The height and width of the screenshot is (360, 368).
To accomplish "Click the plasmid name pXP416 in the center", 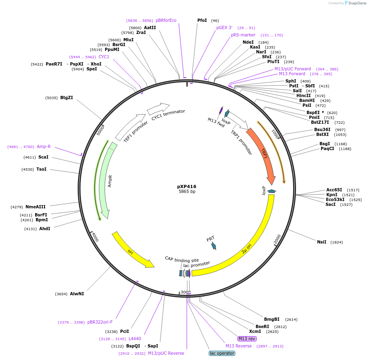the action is pos(186,186).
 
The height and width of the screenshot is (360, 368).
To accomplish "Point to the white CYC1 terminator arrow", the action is pos(158,108).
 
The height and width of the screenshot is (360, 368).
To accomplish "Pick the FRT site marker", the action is pos(213,245).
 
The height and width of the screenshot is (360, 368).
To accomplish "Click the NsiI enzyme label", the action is pos(321,242).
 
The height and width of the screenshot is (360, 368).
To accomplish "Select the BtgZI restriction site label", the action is pos(66,97).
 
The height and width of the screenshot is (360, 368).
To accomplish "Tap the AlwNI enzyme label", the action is pos(77,294).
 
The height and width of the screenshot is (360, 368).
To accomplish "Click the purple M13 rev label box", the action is pos(247,339).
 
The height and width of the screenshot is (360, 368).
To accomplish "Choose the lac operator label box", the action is pos(222,353).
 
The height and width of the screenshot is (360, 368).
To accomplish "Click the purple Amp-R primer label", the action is pos(44,146).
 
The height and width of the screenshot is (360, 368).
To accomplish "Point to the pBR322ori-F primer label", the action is pos(100,322).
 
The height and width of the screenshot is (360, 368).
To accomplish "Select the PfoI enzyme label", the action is pos(202,20).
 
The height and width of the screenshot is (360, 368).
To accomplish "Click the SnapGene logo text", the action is pos(357,3).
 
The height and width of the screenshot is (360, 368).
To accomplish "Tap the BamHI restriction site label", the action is pos(307,100).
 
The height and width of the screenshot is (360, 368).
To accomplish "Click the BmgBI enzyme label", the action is pos(272,319).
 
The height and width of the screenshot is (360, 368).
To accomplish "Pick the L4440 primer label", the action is pos(135,339).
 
